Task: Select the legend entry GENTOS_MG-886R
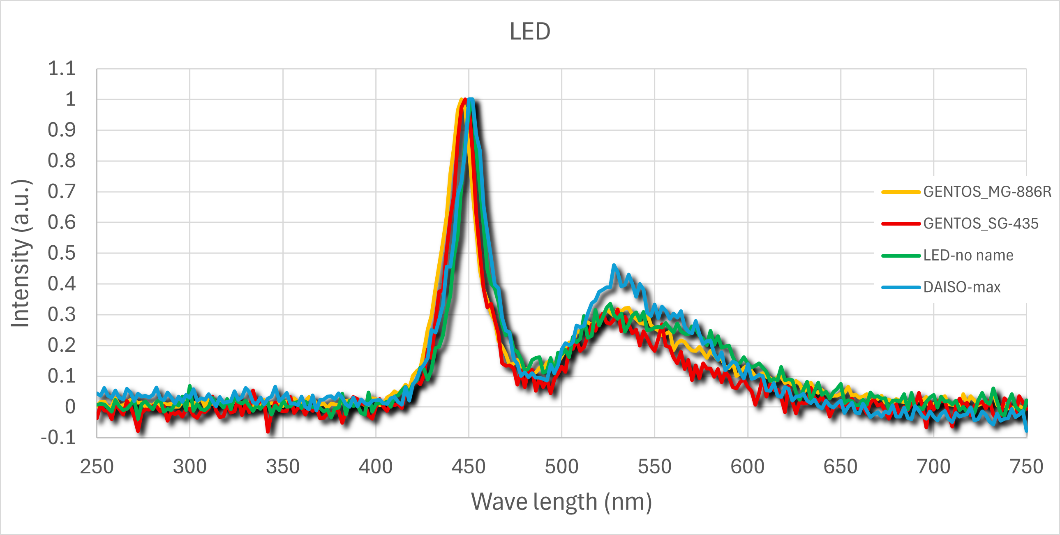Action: [987, 192]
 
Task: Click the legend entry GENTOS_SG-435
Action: [981, 224]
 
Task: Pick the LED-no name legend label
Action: [968, 256]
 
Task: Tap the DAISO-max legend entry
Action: [962, 287]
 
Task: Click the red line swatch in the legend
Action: [901, 224]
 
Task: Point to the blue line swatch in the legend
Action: [901, 287]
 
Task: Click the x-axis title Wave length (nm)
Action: [561, 502]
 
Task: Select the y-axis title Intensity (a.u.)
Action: [21, 253]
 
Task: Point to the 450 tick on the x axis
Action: [468, 467]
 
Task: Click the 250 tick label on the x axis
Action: [97, 467]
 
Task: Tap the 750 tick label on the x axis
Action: [1026, 467]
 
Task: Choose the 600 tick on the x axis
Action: [747, 467]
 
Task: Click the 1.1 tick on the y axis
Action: [62, 69]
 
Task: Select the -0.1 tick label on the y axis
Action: [58, 438]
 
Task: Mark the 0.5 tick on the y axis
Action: [62, 253]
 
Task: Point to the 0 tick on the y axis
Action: [70, 407]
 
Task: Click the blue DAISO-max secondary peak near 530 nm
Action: [614, 265]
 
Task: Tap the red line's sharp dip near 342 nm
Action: [268, 431]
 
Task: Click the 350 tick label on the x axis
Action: [283, 467]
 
